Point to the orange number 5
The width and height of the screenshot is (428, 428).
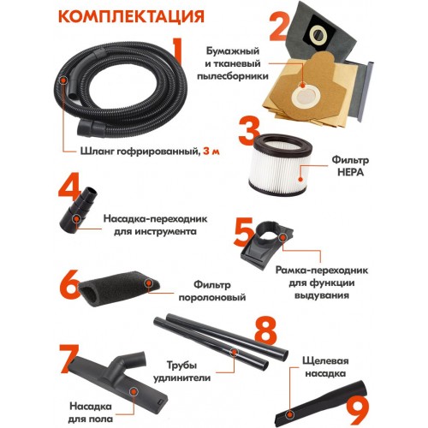pos(244,232)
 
